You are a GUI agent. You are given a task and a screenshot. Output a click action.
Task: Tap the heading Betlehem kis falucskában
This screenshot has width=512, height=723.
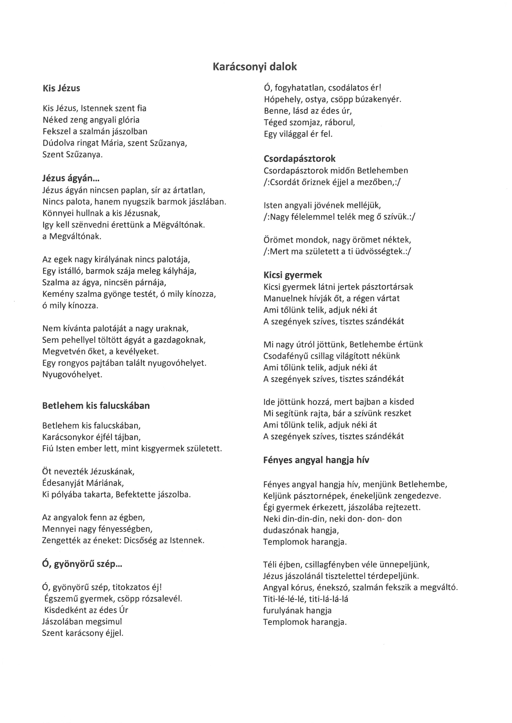coord(96,405)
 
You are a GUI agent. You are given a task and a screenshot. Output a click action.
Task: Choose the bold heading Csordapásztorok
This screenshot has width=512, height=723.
coord(300,159)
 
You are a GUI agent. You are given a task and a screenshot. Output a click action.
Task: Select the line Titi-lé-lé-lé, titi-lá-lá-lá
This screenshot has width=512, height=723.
coord(306,599)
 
